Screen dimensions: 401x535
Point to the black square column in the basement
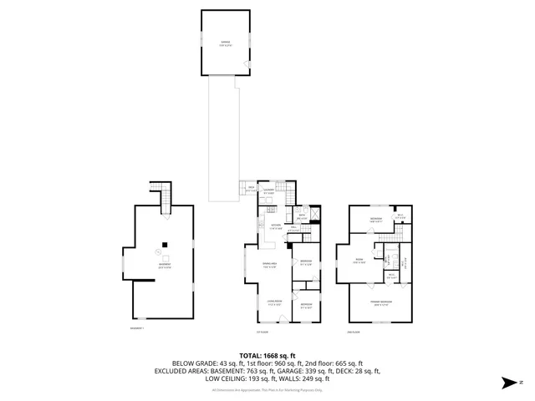pyautogui.click(x=165, y=244)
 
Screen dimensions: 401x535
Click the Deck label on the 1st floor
pyautogui.click(x=251, y=189)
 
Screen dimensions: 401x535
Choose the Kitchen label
pyautogui.click(x=274, y=226)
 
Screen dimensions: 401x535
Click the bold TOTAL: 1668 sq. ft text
pyautogui.click(x=267, y=353)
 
